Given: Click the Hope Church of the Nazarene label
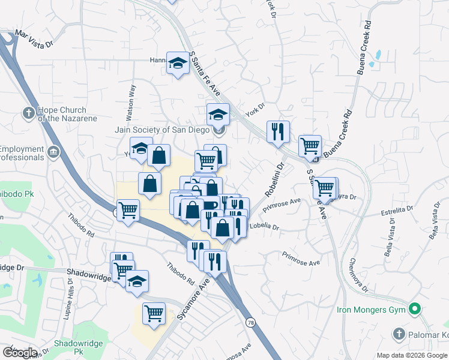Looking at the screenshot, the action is [62, 114].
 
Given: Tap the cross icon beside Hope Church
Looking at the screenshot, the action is [28, 112].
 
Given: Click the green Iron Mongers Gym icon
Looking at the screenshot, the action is [414, 310].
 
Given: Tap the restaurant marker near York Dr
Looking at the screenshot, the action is [278, 131].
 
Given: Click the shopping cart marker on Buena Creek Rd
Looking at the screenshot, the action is [310, 145].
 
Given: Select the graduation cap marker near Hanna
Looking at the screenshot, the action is [178, 63].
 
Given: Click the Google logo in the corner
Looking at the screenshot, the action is [19, 353].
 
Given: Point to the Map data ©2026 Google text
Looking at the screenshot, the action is [411, 355].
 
